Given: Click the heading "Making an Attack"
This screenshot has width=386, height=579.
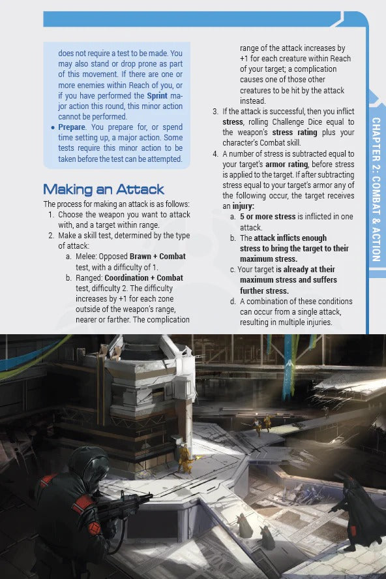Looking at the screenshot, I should pos(103,189).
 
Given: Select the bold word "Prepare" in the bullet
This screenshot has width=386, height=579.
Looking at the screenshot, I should pos(72,127).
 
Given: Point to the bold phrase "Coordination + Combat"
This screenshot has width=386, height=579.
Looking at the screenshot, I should pos(143,277).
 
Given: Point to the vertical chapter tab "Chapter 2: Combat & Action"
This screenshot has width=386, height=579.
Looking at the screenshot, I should pos(376,189).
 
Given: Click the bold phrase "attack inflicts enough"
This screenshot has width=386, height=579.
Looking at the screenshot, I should pos(290,238).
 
